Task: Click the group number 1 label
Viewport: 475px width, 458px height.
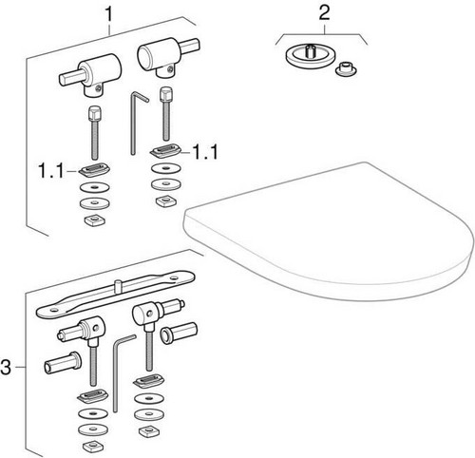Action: point(108,14)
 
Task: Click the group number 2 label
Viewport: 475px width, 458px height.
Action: point(324,12)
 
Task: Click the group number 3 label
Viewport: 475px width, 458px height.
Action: point(6,368)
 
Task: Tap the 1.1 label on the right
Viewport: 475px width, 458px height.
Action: point(205,152)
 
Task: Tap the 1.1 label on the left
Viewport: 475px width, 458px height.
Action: point(51,171)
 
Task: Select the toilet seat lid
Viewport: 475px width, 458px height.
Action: point(328,231)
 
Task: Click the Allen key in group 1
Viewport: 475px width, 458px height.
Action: point(135,122)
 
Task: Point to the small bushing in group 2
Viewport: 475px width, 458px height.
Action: point(346,69)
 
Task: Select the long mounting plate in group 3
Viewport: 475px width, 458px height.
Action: point(116,294)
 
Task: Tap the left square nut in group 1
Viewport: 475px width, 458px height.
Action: point(95,219)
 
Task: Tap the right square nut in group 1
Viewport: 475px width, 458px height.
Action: point(166,200)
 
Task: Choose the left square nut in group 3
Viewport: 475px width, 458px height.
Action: point(92,446)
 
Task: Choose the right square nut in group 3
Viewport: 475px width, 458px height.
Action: point(149,430)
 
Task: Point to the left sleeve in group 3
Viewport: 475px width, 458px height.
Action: point(63,363)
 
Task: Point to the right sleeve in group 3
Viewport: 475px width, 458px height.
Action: point(179,333)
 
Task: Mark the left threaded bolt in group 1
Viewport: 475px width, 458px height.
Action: point(94,133)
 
